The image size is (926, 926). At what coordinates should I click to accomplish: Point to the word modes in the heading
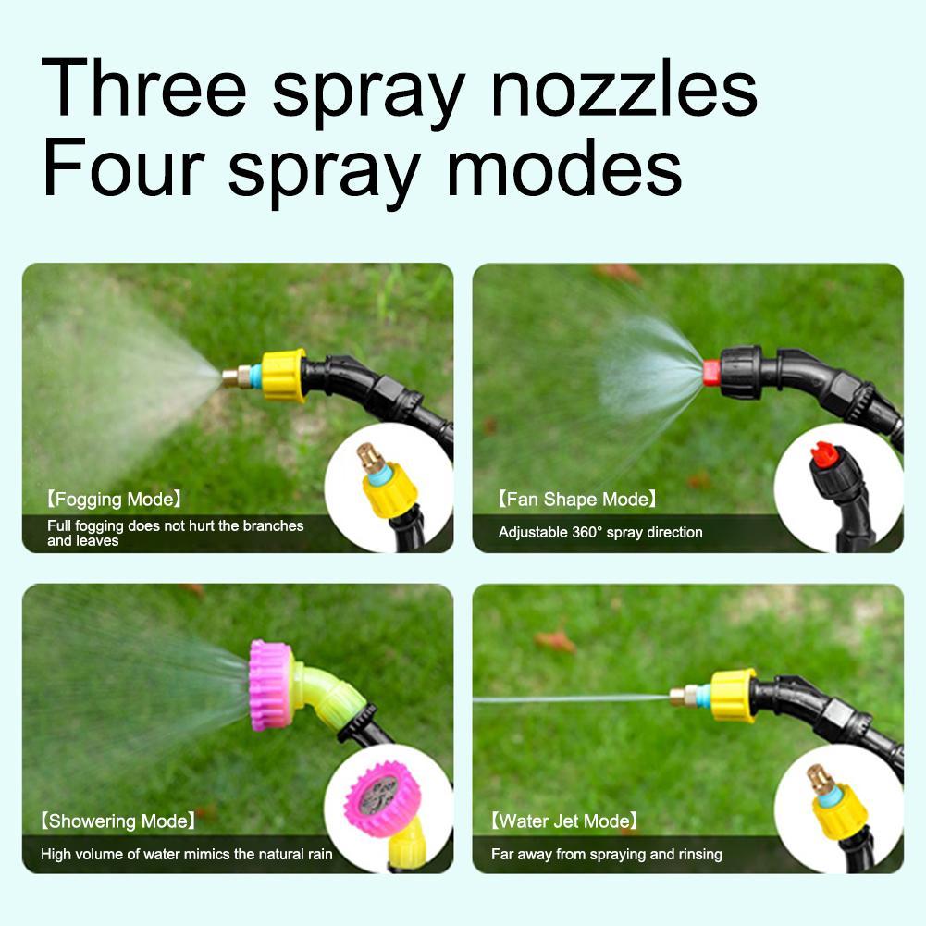(563, 168)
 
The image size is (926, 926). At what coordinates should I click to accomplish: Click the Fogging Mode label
(113, 500)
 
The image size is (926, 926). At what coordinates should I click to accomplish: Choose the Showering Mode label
(117, 821)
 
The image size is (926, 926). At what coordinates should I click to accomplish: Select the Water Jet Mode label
(564, 821)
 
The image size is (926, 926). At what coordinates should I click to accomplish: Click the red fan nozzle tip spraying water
(710, 373)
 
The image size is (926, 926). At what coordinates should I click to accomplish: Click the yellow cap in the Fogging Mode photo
(283, 375)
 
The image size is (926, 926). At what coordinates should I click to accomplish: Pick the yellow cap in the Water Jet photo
(734, 696)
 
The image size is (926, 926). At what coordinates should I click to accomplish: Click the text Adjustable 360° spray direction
(600, 532)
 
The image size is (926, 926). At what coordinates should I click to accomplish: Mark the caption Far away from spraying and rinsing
(606, 854)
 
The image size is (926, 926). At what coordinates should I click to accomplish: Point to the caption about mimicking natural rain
(186, 854)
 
